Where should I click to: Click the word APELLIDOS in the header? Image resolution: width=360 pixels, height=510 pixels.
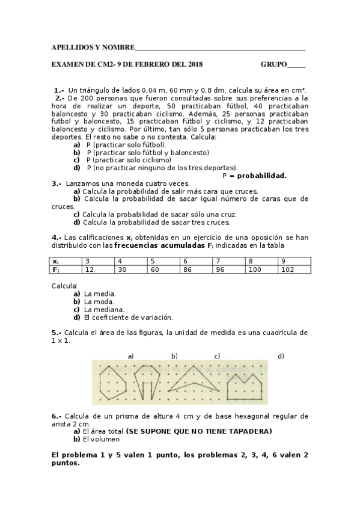69,47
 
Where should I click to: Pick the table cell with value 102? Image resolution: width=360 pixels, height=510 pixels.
294,270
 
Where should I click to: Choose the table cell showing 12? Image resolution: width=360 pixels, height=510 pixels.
99,270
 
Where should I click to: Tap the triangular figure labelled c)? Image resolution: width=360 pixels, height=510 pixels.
195,382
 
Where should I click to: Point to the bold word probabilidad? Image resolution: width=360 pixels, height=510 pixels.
261,176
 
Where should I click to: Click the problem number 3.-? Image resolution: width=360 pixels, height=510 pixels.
56,183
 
